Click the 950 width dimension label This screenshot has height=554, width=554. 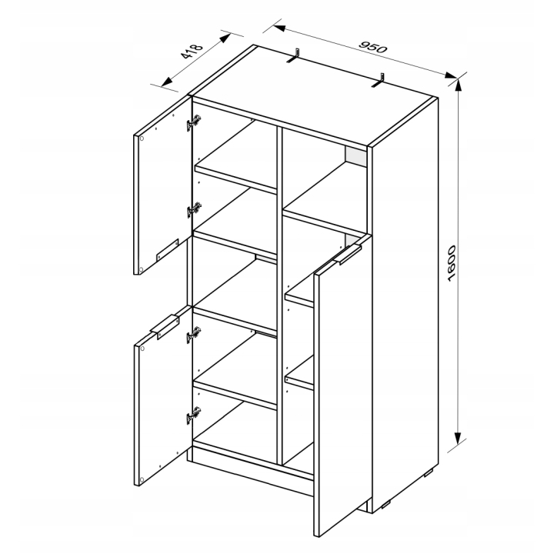tap(373, 47)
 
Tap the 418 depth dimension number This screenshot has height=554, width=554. tap(192, 52)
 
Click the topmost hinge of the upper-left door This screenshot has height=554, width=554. tap(194, 122)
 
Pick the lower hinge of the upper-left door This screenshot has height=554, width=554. tap(194, 210)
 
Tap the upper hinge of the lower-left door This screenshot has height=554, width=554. tap(194, 335)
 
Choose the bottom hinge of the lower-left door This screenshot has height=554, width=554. tap(194, 415)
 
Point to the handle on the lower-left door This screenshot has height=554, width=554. tap(165, 327)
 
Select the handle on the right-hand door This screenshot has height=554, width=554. tap(348, 255)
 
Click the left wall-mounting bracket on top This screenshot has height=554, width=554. tap(294, 55)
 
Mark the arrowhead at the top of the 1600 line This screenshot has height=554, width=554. tap(458, 85)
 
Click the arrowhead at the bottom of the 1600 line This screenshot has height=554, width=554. tap(458, 438)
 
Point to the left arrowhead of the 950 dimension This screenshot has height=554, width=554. tap(279, 28)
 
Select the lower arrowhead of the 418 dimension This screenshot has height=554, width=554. tap(167, 82)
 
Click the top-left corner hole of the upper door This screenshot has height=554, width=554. tap(142, 138)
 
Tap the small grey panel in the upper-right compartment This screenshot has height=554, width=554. tap(356, 155)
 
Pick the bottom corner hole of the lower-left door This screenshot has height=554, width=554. tap(142, 480)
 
